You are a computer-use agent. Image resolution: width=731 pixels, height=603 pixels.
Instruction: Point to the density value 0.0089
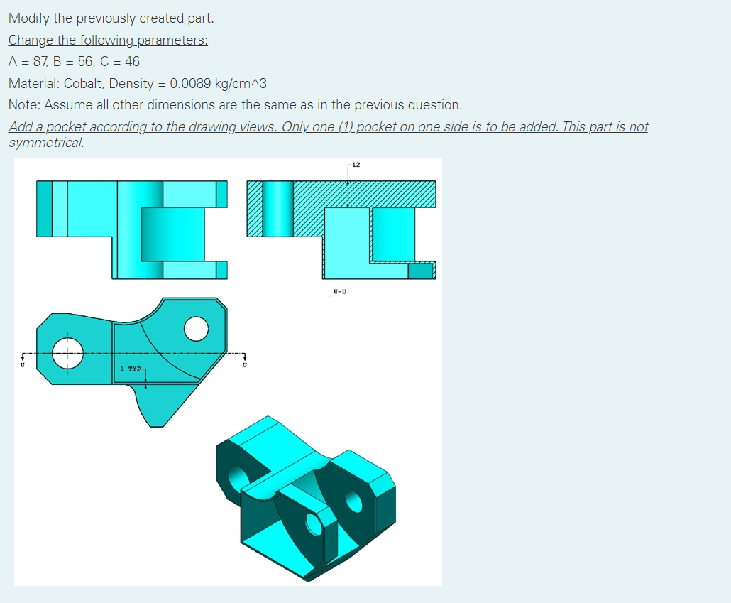point(190,83)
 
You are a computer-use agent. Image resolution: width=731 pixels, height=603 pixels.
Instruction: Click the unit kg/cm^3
point(240,83)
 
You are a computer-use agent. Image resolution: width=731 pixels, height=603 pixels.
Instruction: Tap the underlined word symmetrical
point(45,142)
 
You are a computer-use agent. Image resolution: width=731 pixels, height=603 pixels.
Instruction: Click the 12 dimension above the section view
point(356,165)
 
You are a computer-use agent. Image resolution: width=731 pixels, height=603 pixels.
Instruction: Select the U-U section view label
point(339,291)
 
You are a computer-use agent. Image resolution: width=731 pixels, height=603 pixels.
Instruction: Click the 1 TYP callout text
point(131,369)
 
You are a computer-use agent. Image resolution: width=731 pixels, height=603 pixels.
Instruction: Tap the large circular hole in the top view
point(69,353)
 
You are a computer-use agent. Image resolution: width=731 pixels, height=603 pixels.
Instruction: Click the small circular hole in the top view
point(195,329)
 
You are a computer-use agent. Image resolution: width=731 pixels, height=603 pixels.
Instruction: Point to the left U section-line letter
point(22,366)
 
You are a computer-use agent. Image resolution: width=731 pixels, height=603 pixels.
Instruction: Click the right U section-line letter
point(246,366)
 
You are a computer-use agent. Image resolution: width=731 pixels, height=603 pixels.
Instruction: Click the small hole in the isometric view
point(313,524)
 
